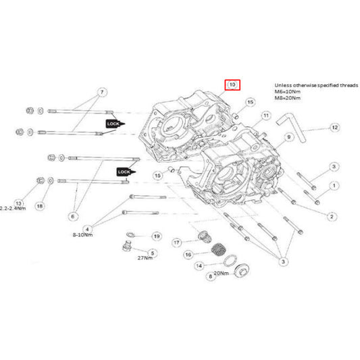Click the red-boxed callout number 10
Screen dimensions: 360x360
tap(232, 85)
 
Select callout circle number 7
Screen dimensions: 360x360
tap(102, 92)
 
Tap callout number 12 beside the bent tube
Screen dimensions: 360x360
tap(334, 127)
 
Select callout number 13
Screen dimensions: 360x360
tap(20, 201)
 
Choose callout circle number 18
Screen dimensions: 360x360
tap(40, 205)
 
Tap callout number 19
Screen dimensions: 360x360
tap(156, 236)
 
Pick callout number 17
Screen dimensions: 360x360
tap(176, 242)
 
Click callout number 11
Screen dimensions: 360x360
tap(266, 116)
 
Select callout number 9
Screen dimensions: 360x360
tap(288, 137)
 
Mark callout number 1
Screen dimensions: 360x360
tap(334, 185)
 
